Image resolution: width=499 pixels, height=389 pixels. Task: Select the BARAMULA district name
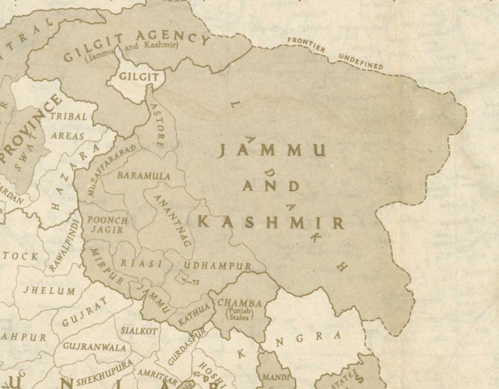(143, 176)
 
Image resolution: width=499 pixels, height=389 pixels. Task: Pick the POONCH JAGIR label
(107, 225)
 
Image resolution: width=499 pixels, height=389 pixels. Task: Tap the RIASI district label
(142, 264)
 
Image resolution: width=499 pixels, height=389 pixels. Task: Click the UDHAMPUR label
(217, 266)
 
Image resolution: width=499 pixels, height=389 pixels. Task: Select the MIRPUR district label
(106, 266)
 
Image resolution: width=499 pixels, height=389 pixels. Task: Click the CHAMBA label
(240, 303)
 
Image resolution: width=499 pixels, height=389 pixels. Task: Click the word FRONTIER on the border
(306, 45)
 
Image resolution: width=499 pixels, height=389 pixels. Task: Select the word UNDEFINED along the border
(361, 61)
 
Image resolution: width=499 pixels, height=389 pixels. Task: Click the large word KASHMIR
(271, 223)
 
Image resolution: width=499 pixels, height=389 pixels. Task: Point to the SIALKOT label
(139, 331)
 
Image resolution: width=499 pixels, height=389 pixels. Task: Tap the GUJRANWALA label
(94, 347)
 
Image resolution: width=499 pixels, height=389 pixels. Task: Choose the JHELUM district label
(50, 291)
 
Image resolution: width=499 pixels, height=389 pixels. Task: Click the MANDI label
(275, 377)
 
